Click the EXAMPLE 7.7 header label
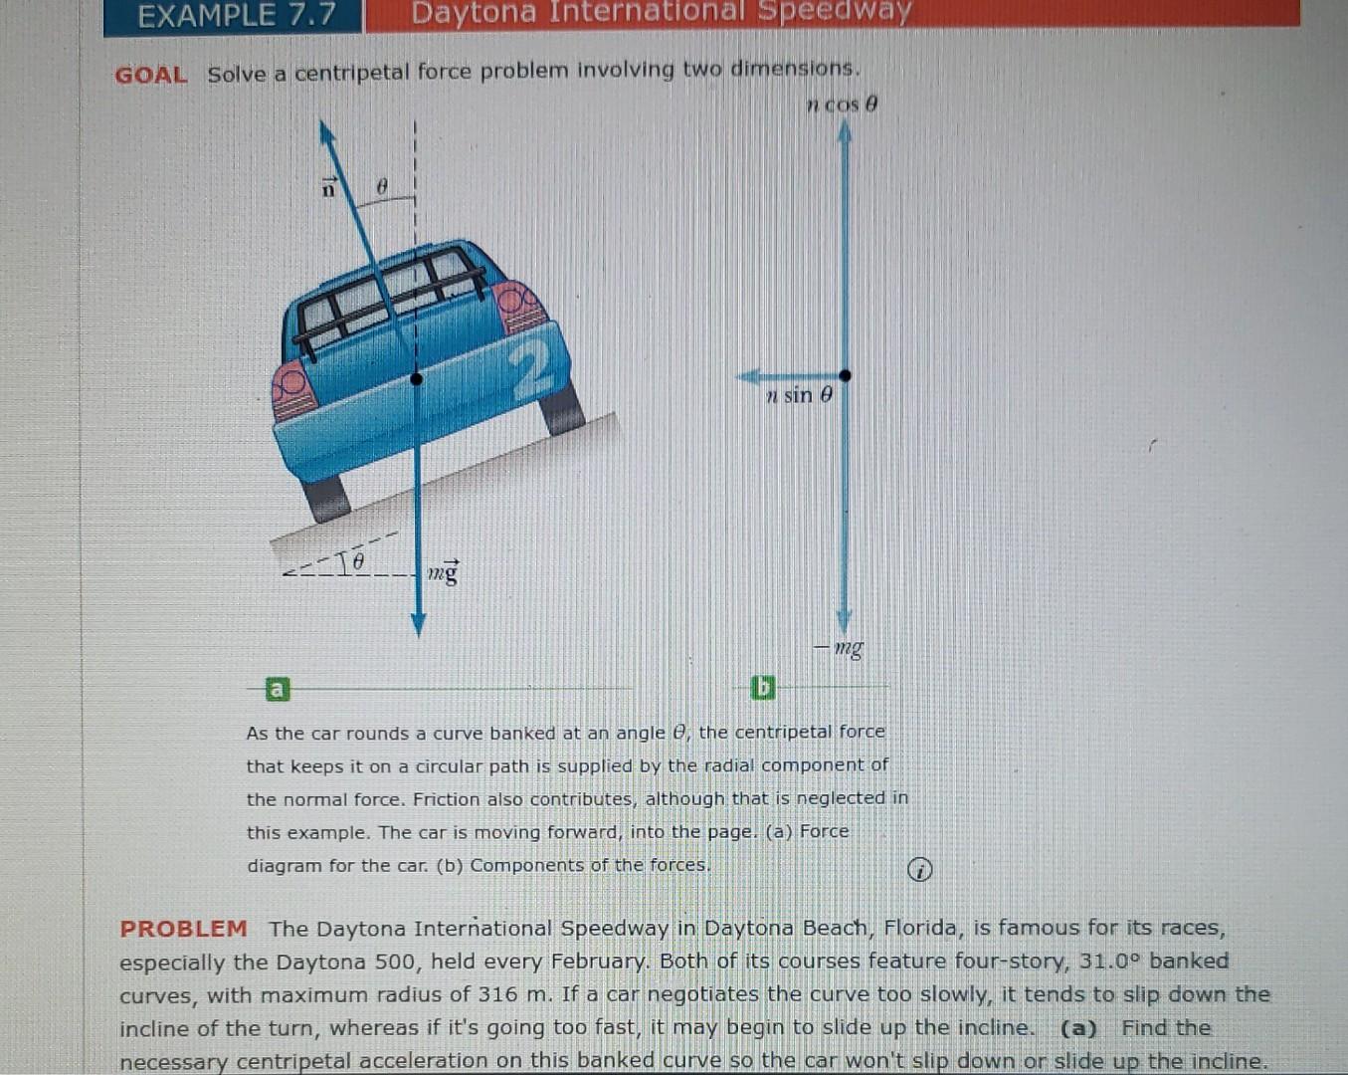pyautogui.click(x=236, y=16)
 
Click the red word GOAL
pyautogui.click(x=150, y=76)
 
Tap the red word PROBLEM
pyautogui.click(x=183, y=929)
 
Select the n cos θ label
pyautogui.click(x=842, y=105)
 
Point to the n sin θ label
pyautogui.click(x=799, y=396)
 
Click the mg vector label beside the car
pyautogui.click(x=444, y=572)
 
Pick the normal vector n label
pyautogui.click(x=328, y=186)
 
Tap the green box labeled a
pyautogui.click(x=278, y=689)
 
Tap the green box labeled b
pyautogui.click(x=763, y=688)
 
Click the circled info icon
pyautogui.click(x=920, y=870)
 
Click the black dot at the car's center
pyautogui.click(x=417, y=378)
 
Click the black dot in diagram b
pyautogui.click(x=845, y=375)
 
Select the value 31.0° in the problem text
pyautogui.click(x=1109, y=962)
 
